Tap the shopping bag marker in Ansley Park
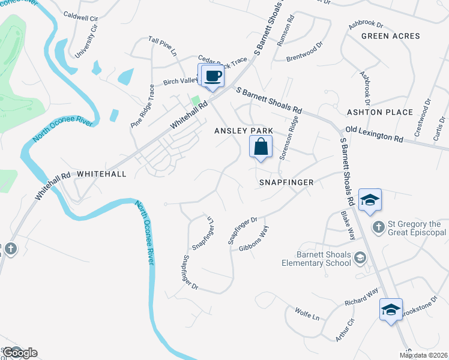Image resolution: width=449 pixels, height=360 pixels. [261, 147]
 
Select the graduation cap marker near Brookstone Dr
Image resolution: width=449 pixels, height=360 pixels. [390, 310]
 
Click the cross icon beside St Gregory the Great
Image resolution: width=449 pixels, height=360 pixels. [378, 226]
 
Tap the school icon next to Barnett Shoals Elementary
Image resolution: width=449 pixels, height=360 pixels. [360, 258]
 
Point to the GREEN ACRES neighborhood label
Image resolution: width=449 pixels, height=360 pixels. [390, 36]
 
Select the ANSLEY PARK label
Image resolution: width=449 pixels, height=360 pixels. [244, 130]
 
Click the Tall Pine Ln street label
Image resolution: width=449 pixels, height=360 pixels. [163, 46]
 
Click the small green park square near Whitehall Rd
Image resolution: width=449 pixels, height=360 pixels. [195, 100]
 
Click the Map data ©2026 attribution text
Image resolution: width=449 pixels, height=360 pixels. [423, 355]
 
